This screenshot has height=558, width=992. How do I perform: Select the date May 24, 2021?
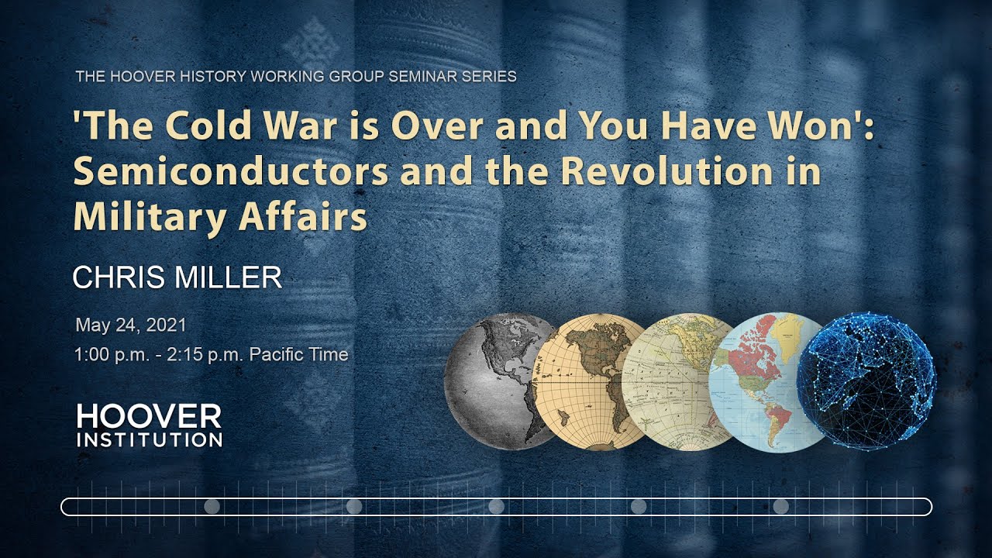[x=130, y=325]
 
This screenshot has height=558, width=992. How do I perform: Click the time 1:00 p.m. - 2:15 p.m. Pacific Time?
[x=212, y=354]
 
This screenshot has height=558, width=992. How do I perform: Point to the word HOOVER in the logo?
[x=149, y=417]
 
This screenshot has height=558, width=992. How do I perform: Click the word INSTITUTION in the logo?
[x=149, y=440]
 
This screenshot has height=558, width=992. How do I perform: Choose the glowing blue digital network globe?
[x=866, y=381]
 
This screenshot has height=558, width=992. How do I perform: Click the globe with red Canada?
[x=767, y=381]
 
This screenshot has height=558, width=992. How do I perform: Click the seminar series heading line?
[x=296, y=77]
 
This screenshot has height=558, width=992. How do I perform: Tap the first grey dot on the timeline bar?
[x=212, y=507]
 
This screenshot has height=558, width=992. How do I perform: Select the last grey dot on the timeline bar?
[x=781, y=507]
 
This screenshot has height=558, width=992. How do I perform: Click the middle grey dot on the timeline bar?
[x=497, y=507]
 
